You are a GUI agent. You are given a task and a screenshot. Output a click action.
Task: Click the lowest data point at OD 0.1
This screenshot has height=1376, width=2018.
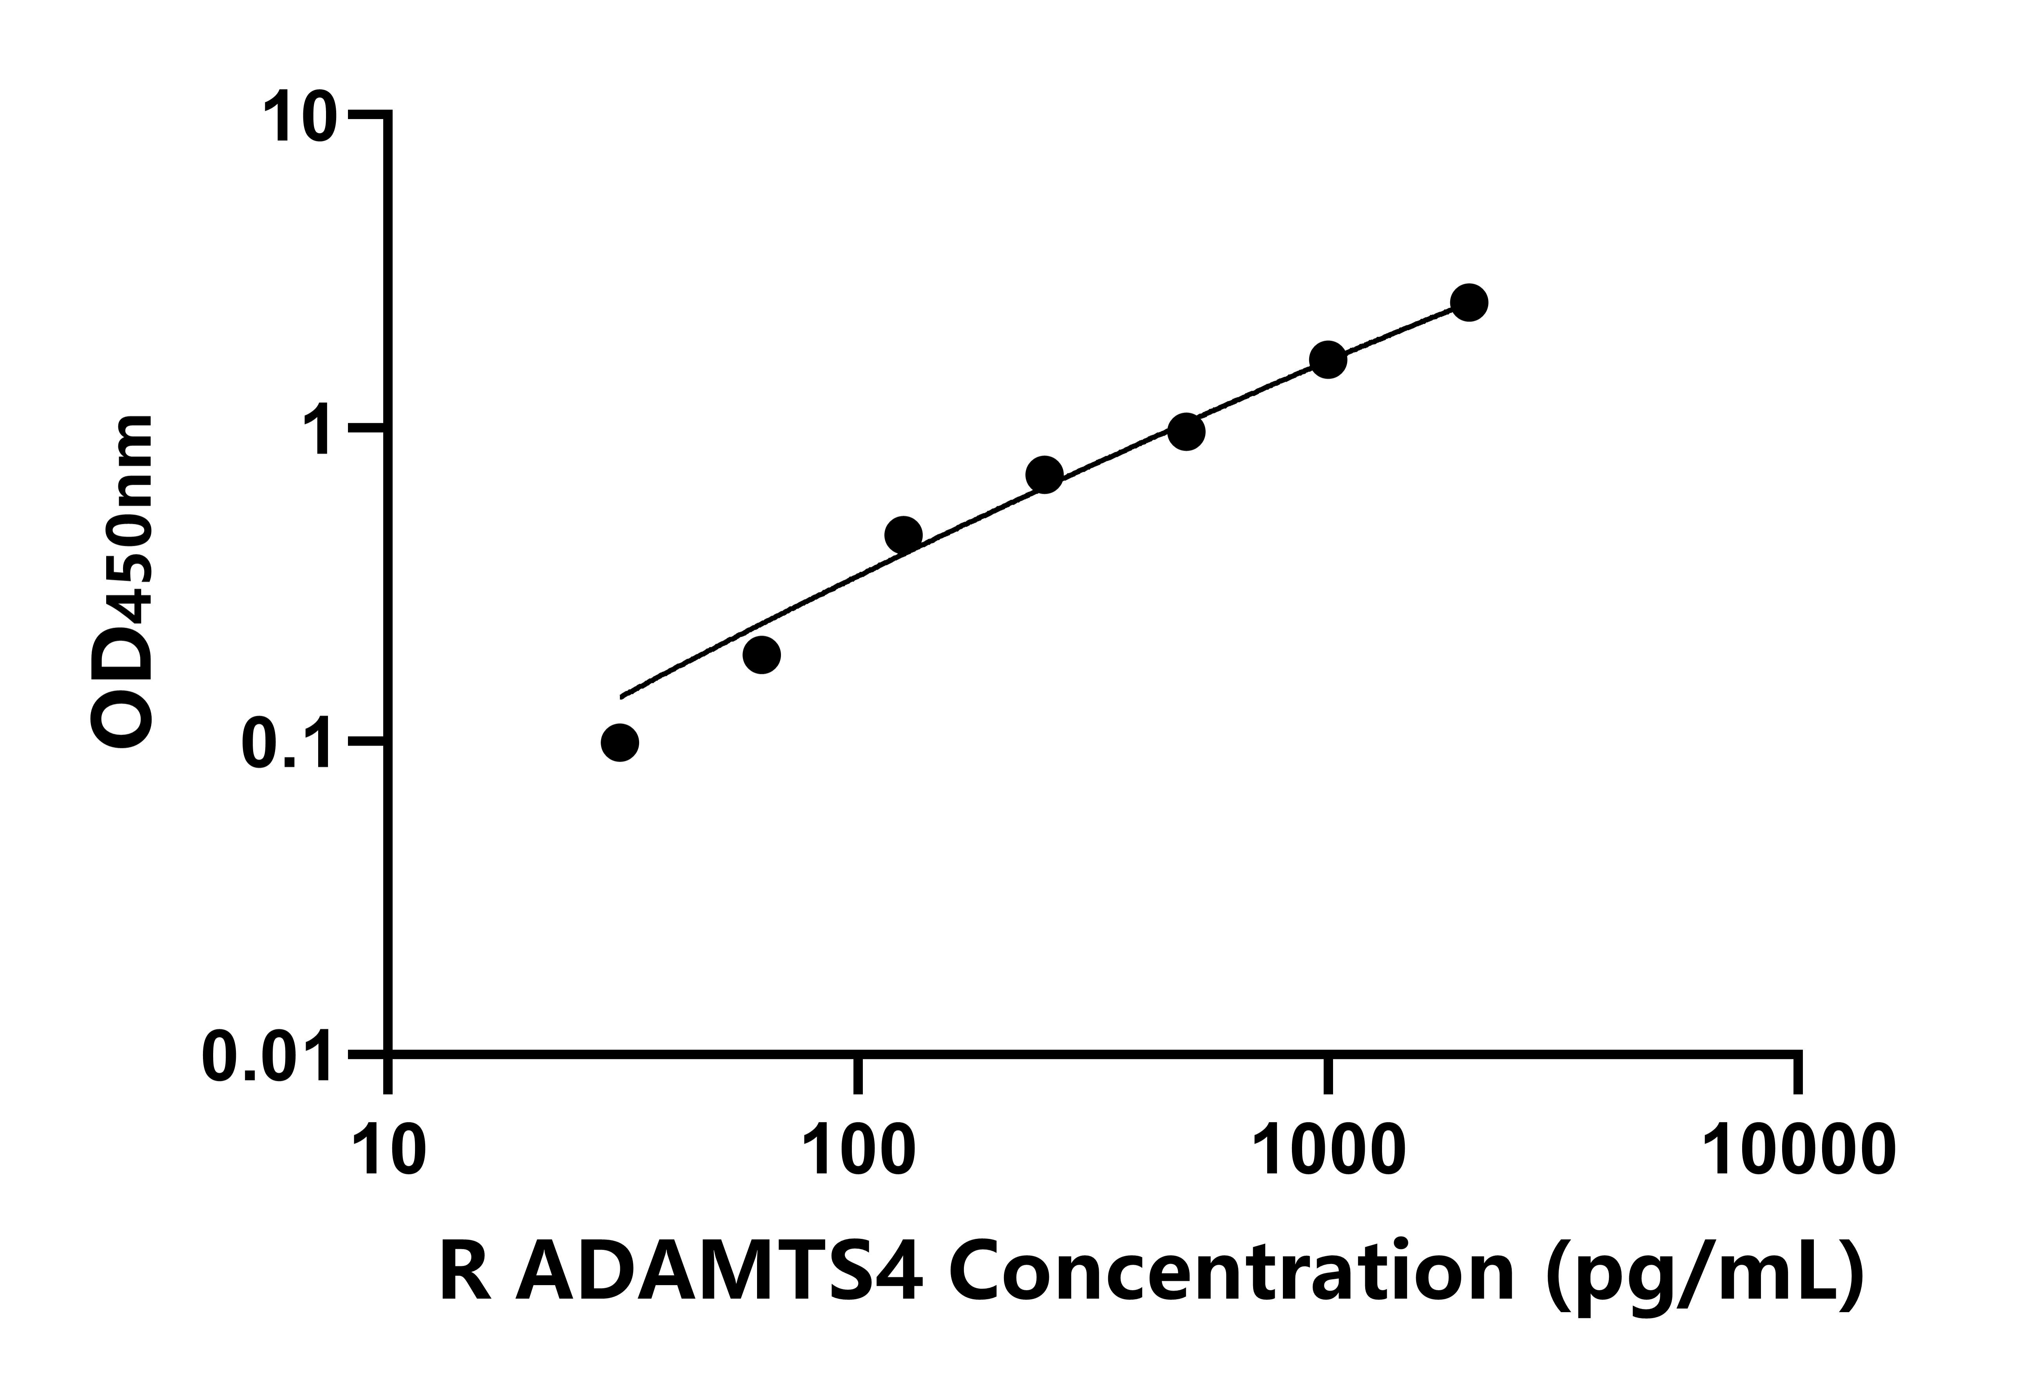(x=619, y=742)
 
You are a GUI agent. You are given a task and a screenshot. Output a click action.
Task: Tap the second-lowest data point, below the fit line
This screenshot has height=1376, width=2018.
(x=761, y=655)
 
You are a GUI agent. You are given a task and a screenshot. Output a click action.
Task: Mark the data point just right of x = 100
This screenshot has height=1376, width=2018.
(x=903, y=535)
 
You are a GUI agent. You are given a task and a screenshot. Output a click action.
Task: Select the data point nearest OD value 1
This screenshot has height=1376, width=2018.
(x=1186, y=431)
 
